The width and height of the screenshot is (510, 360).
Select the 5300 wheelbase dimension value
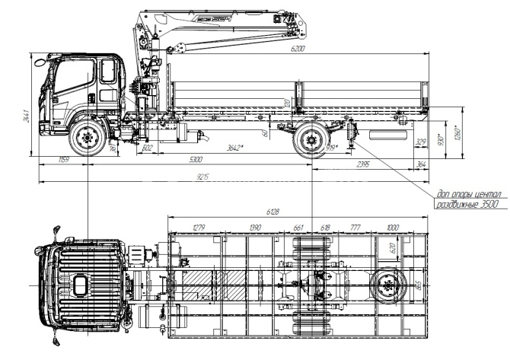pyautogui.click(x=196, y=160)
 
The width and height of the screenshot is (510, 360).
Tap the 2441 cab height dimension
pyautogui.click(x=26, y=116)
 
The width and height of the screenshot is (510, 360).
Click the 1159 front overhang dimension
pyautogui.click(x=65, y=160)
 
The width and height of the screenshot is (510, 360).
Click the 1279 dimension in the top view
pyautogui.click(x=199, y=228)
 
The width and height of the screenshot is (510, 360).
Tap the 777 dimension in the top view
pyautogui.click(x=354, y=228)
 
